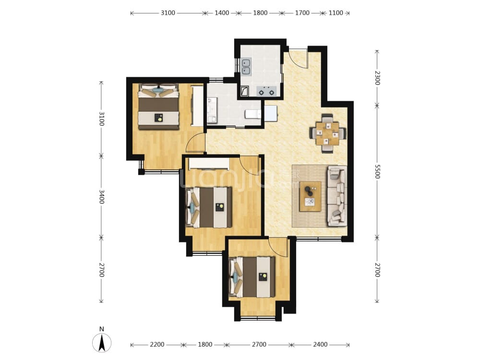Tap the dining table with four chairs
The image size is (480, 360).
point(327,133)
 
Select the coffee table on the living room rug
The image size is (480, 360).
point(310,196)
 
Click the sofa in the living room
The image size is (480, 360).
point(337,196)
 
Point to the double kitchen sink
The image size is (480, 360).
point(246,67)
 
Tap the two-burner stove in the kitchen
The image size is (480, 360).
point(266,91)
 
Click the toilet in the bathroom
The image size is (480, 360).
point(253,114)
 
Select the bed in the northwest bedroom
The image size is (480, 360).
point(158,107)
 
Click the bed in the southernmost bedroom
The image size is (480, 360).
point(252,277)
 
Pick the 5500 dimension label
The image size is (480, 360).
point(377,171)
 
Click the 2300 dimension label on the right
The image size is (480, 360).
point(377,78)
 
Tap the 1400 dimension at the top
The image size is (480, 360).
point(222,13)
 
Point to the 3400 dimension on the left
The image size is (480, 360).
point(102,196)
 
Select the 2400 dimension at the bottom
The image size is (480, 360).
point(320,345)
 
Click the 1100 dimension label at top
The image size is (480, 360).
point(336,13)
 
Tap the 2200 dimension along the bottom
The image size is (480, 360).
point(157,345)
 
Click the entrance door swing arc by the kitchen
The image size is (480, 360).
point(299,59)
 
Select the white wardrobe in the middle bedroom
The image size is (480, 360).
point(209,164)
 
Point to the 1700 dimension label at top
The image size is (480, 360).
point(302,13)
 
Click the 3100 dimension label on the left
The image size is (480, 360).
point(102,119)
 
